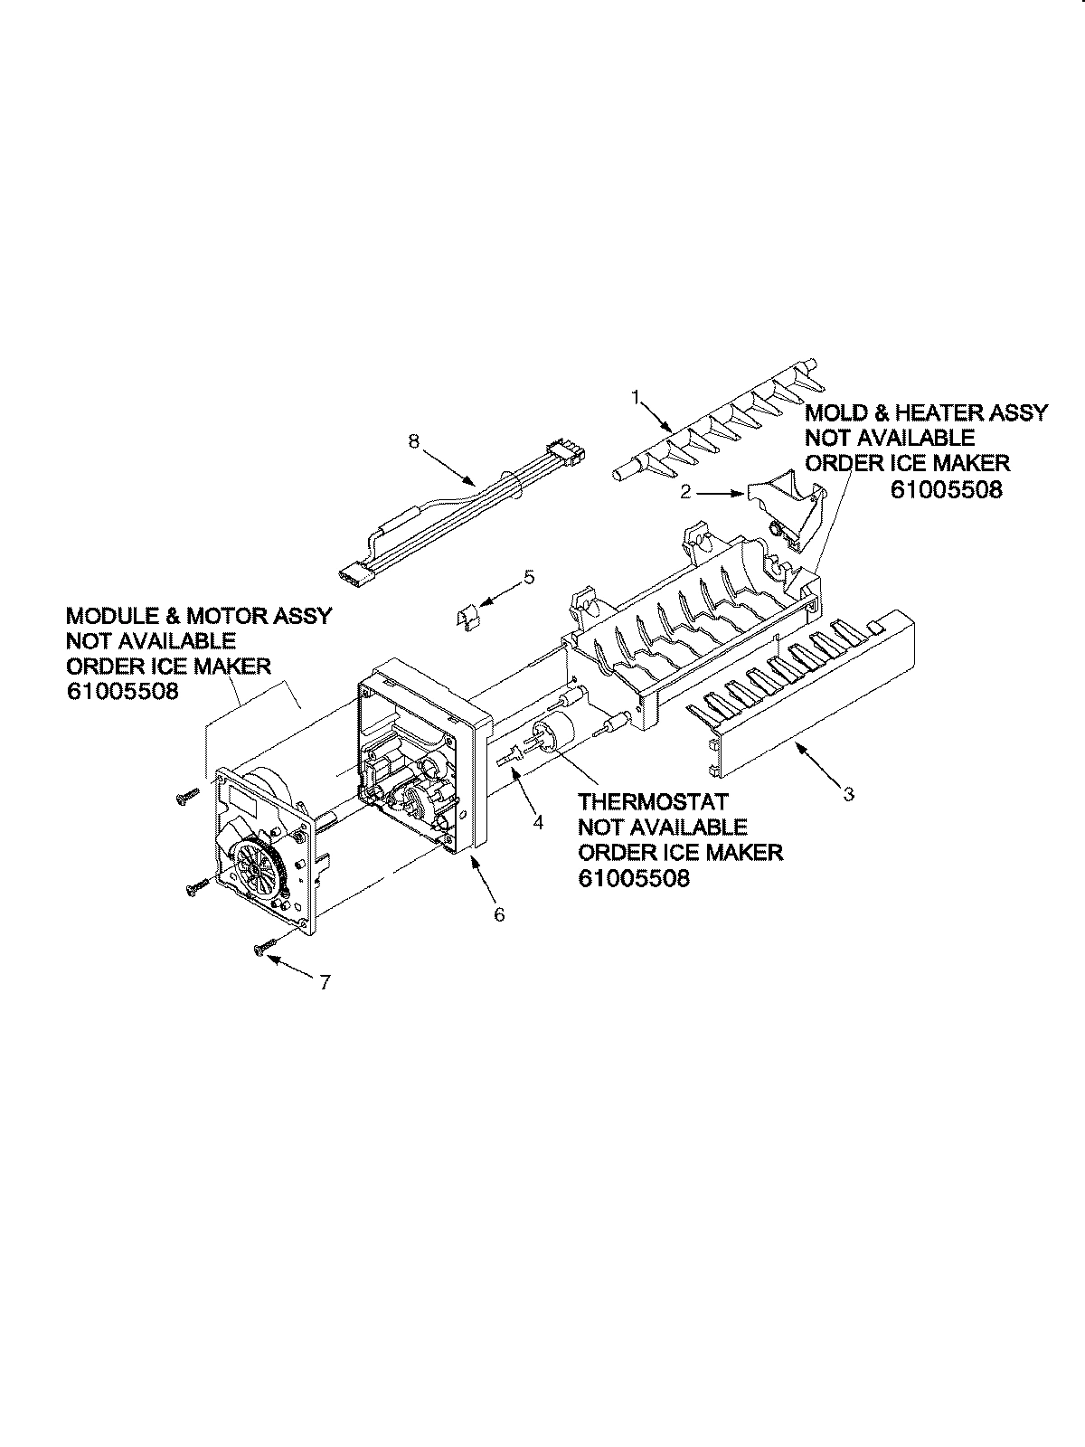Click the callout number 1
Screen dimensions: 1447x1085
tap(636, 396)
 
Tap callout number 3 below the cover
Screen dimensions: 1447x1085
tap(848, 795)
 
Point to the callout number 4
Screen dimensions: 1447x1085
tap(538, 822)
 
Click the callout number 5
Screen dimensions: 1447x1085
tap(529, 575)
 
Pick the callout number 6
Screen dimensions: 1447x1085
tap(499, 913)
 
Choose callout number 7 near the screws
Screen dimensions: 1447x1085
tap(325, 982)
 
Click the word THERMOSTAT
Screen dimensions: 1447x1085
tap(653, 802)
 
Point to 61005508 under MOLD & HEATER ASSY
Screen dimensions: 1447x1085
tap(946, 490)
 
